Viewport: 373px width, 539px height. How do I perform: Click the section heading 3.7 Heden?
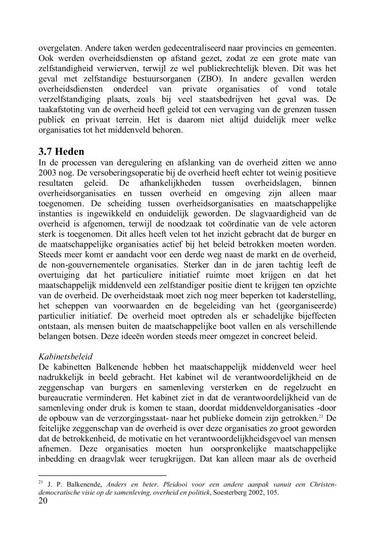[61, 151]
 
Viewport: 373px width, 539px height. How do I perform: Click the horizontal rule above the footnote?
[103, 475]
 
